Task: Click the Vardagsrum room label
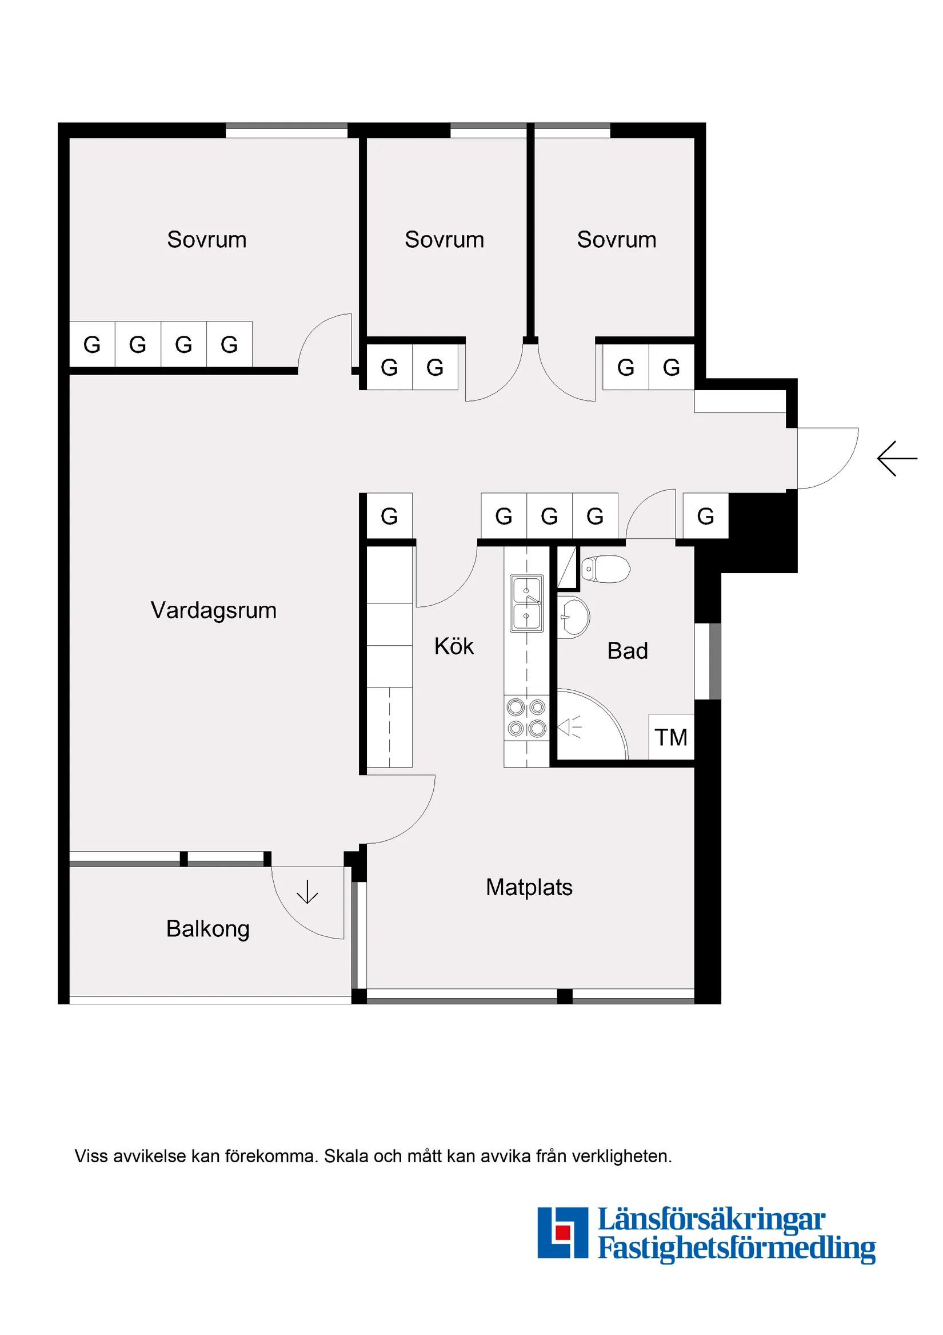click(213, 610)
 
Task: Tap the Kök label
click(454, 646)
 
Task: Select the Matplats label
click(529, 887)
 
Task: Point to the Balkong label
click(207, 928)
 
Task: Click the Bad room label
click(627, 651)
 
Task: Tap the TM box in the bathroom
click(671, 737)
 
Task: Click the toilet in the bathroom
click(606, 569)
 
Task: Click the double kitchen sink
click(526, 603)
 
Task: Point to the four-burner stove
click(526, 717)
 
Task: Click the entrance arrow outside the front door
click(897, 459)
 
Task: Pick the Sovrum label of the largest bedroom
click(207, 240)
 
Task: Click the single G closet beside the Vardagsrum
click(389, 516)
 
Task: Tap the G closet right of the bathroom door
click(705, 516)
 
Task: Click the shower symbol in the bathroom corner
click(570, 727)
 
